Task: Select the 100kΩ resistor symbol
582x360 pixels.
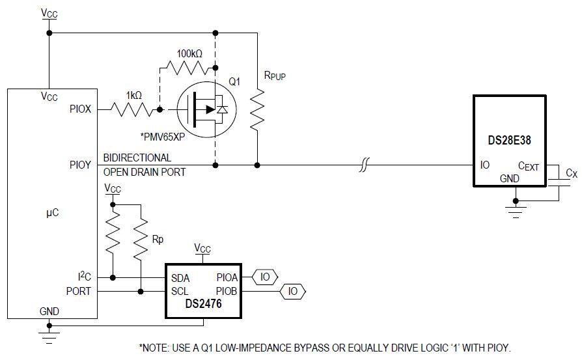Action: pyautogui.click(x=186, y=67)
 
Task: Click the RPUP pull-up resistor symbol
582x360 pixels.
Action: pyautogui.click(x=258, y=109)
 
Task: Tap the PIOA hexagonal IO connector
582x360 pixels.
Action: pyautogui.click(x=264, y=277)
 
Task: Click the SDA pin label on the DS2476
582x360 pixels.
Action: pyautogui.click(x=180, y=278)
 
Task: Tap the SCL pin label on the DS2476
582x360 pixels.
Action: pyautogui.click(x=180, y=291)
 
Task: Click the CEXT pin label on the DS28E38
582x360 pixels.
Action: pyautogui.click(x=527, y=166)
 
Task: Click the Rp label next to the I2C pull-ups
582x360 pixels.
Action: pyautogui.click(x=157, y=239)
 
